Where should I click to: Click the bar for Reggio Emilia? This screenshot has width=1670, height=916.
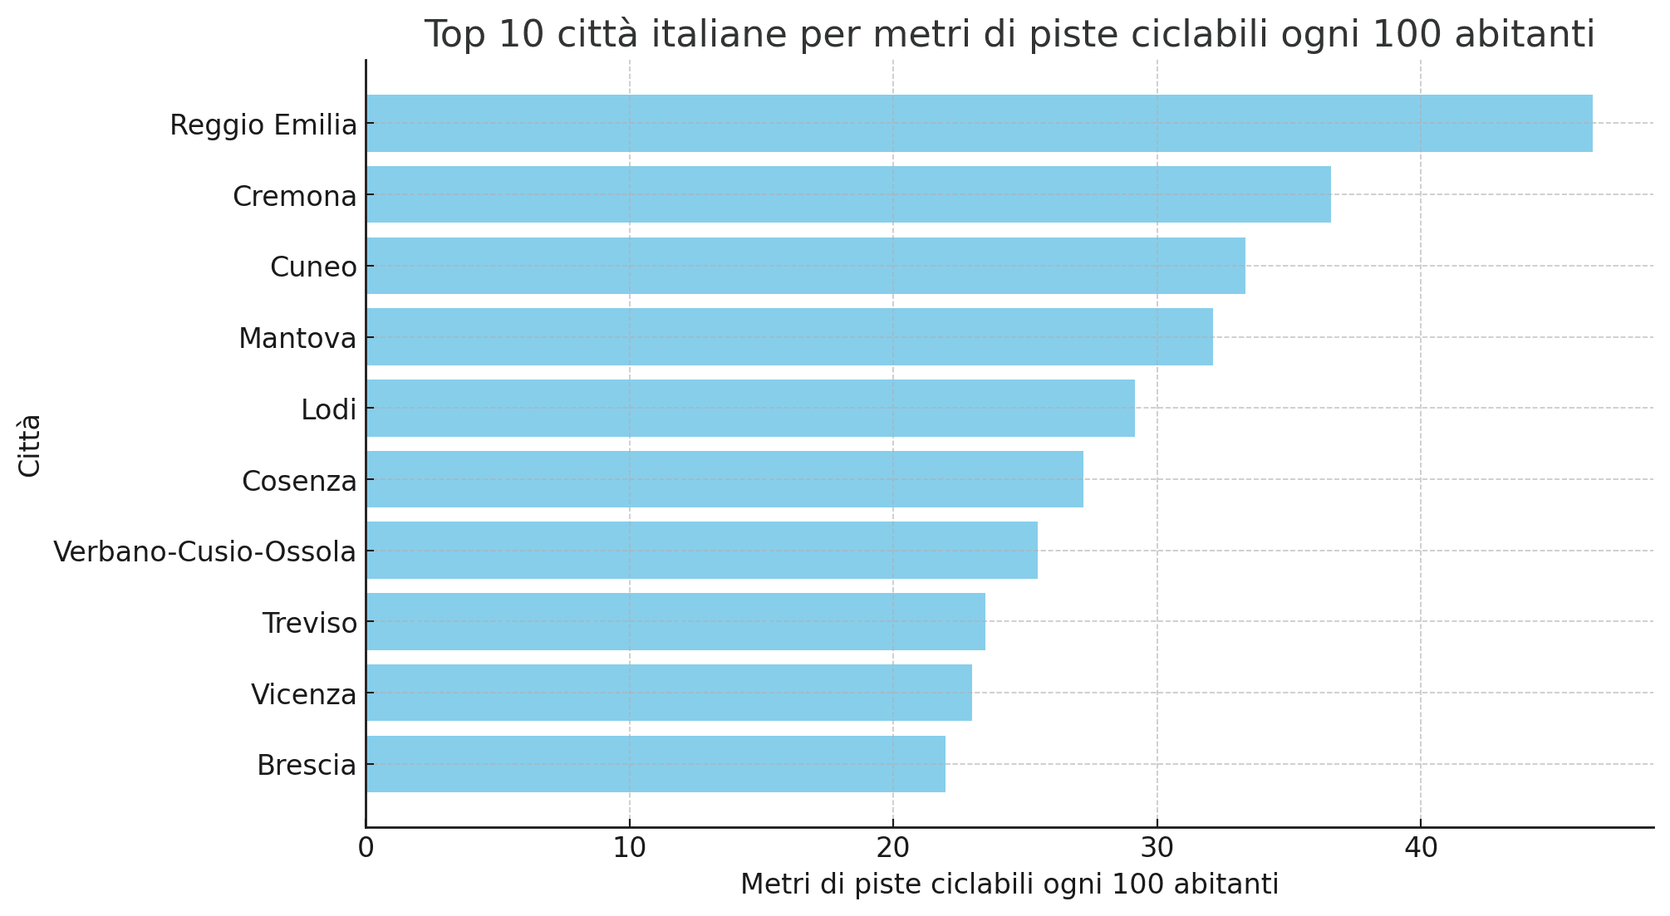[979, 124]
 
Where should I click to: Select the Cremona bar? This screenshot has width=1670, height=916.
[848, 194]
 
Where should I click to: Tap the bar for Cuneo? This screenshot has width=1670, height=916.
[805, 266]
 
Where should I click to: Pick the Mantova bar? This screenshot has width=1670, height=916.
[789, 337]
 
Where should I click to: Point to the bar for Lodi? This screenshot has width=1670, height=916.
[750, 409]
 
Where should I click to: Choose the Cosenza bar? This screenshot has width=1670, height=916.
[724, 479]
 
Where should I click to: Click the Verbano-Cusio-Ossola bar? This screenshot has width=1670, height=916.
[702, 551]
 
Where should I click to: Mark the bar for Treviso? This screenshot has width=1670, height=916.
[675, 622]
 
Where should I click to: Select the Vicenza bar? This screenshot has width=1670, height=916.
[669, 693]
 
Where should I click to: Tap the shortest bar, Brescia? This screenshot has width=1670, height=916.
[656, 764]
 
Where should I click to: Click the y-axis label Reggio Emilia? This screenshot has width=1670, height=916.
[263, 125]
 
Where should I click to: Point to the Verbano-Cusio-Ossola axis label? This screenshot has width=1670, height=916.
[204, 551]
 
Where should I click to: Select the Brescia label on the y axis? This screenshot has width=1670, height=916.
[307, 765]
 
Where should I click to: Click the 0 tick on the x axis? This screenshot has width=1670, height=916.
[366, 849]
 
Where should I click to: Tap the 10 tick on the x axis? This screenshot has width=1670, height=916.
[629, 849]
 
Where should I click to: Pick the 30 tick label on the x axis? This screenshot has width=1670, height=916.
[1157, 849]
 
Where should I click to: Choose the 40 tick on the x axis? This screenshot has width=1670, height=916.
[1420, 849]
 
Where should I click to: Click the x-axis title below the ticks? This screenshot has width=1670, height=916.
[1009, 885]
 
